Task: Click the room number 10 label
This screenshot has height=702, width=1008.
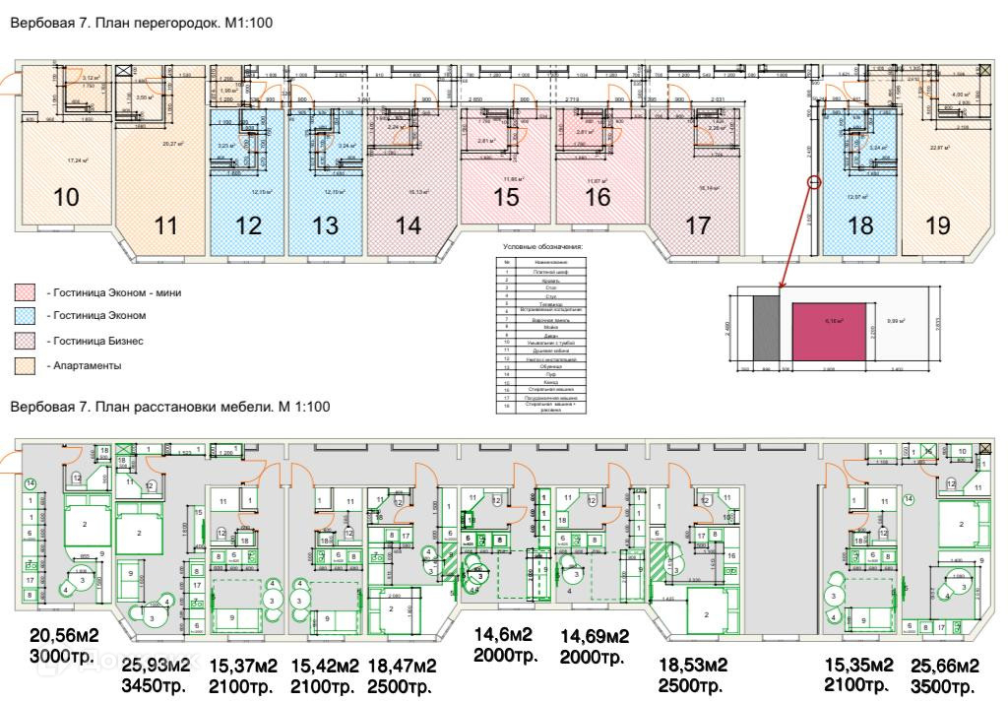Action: coord(66,197)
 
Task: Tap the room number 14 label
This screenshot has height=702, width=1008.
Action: coord(408,224)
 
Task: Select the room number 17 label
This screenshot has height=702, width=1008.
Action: coord(698,225)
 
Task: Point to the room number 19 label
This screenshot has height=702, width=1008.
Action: coord(938,225)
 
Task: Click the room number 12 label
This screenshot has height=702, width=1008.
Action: coord(249,225)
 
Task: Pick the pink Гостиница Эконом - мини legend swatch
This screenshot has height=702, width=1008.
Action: coord(24,292)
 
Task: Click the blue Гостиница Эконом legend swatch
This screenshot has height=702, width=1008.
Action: coord(24,316)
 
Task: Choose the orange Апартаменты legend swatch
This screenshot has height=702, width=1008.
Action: coord(24,365)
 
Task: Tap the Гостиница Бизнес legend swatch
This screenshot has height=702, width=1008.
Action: coord(24,341)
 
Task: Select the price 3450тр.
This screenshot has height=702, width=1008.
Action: coord(157,685)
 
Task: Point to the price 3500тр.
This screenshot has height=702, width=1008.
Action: coord(945,685)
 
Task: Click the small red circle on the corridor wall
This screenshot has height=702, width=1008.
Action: coord(814,182)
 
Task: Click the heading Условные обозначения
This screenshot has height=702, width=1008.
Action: coord(543,246)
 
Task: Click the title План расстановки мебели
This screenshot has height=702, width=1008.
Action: coord(169,406)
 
